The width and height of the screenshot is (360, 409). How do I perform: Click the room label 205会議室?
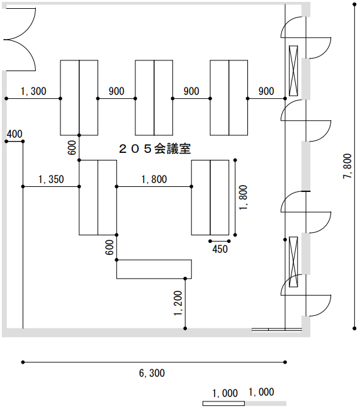[155, 149]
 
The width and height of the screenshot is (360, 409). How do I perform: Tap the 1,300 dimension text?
[33, 91]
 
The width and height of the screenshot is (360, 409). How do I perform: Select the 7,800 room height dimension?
[347, 166]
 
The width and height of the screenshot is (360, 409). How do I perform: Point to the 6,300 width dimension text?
[152, 373]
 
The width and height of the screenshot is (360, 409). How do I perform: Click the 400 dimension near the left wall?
[14, 134]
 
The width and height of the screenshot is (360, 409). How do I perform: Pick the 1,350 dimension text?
[51, 179]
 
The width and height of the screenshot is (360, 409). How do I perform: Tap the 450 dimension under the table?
[220, 249]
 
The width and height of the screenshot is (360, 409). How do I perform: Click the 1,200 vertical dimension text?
[178, 303]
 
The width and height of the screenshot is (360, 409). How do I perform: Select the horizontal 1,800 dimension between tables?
[154, 179]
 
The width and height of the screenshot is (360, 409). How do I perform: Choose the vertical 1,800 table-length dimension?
[243, 198]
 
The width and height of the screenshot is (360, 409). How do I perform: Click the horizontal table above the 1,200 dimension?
[154, 269]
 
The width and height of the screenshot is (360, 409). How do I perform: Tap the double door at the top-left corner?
[20, 40]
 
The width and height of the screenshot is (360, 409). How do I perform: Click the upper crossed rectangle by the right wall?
[293, 70]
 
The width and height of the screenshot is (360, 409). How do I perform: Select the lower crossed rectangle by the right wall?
[293, 262]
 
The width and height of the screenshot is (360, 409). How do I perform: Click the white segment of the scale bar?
[224, 403]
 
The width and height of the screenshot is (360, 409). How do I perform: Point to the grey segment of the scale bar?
[266, 403]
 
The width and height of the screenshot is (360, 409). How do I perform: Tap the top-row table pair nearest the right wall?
[229, 98]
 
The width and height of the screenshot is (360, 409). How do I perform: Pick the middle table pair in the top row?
[154, 98]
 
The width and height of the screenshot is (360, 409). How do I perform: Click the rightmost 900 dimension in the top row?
[266, 91]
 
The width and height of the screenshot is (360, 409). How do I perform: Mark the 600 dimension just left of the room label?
[72, 148]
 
